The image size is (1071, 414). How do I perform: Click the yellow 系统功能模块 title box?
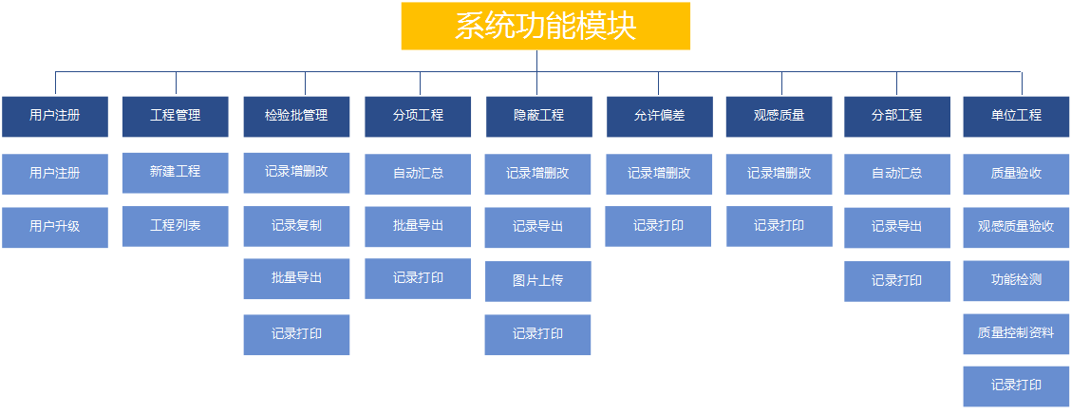click(545, 26)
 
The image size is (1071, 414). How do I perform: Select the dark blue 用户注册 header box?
click(55, 116)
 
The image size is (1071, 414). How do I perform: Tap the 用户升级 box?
click(55, 227)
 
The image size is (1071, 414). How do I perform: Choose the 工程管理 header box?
click(176, 116)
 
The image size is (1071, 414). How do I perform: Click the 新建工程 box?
click(176, 173)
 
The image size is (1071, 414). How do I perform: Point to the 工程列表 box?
click(176, 226)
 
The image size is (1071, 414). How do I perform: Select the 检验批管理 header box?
click(296, 116)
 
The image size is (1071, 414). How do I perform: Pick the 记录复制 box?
click(296, 226)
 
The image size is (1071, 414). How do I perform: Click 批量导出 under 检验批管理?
click(296, 279)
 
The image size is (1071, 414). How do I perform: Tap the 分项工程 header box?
click(418, 116)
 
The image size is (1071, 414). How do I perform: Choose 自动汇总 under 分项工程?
click(418, 174)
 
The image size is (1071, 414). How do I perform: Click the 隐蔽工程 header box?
click(538, 116)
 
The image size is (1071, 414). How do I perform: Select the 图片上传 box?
click(538, 281)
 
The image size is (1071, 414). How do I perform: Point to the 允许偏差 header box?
click(659, 116)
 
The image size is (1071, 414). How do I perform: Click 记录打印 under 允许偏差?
click(658, 226)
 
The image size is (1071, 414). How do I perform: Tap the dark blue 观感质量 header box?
click(780, 116)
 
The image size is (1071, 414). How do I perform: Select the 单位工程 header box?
click(1016, 116)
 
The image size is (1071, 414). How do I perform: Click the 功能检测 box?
click(1016, 281)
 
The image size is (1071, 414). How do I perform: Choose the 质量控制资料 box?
click(1016, 334)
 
